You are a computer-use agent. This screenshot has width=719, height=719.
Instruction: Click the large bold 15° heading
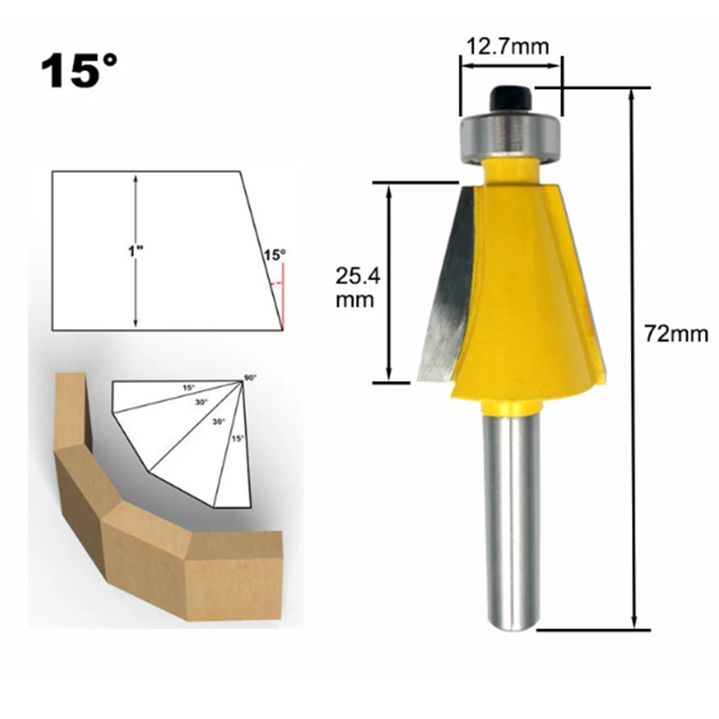click(79, 70)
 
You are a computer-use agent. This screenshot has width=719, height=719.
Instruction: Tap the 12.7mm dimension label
click(508, 47)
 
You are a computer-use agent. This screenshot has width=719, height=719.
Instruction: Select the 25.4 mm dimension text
click(358, 288)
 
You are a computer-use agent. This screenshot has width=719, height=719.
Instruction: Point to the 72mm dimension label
click(677, 333)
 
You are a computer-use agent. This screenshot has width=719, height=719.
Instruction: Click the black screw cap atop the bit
click(510, 99)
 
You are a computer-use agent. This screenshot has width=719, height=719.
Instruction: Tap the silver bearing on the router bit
click(510, 137)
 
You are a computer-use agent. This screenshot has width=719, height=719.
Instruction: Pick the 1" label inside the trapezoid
click(136, 251)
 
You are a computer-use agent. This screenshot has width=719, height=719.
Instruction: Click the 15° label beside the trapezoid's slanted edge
click(275, 255)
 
